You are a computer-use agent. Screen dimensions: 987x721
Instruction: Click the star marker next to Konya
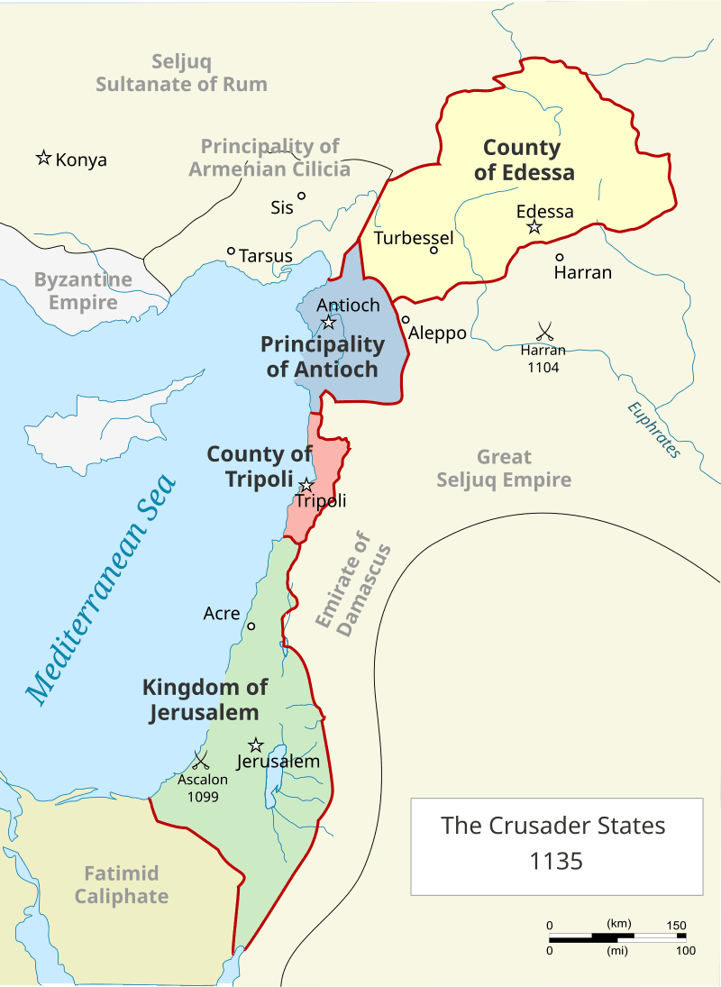click(42, 158)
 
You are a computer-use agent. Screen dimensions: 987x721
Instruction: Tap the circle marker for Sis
click(302, 196)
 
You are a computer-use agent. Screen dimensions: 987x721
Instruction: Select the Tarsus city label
click(266, 256)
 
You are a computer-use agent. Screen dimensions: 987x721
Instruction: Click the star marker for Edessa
click(534, 227)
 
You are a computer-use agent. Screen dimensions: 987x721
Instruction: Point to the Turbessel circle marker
click(434, 250)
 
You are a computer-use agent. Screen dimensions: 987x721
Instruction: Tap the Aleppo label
click(438, 333)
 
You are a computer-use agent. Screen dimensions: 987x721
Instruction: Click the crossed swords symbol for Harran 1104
click(543, 331)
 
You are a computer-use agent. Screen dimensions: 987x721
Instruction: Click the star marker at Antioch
click(329, 322)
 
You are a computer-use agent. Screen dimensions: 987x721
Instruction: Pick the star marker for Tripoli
click(306, 485)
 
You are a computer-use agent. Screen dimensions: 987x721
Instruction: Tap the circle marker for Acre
click(251, 626)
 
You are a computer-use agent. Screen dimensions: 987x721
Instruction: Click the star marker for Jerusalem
click(256, 745)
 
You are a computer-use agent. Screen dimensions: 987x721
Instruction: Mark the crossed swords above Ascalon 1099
click(200, 760)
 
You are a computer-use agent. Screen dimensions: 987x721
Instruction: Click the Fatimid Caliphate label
click(121, 884)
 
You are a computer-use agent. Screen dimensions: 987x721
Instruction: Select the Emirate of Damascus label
click(353, 586)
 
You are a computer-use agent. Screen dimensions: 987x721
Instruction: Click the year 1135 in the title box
click(557, 861)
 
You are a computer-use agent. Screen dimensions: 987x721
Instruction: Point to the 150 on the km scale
click(676, 926)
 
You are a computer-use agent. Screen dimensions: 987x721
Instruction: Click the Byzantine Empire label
click(83, 290)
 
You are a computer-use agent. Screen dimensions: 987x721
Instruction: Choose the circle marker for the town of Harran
click(560, 257)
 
